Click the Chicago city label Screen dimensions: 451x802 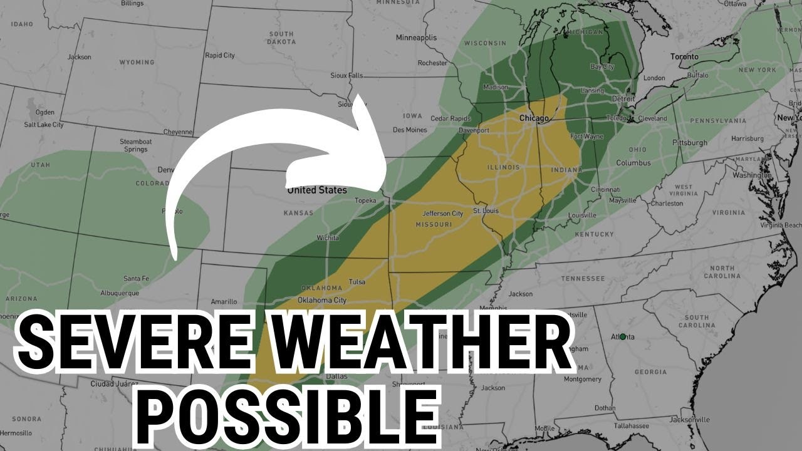tap(534, 118)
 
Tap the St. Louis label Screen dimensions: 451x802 tap(486, 210)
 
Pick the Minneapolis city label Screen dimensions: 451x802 tap(416, 38)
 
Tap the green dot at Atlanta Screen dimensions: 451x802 tap(622, 336)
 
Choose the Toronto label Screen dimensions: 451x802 tap(684, 56)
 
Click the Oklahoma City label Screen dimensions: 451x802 tap(322, 300)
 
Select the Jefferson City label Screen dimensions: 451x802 tap(442, 214)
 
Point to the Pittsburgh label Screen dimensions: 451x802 tap(689, 143)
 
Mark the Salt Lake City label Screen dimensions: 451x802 tap(44, 125)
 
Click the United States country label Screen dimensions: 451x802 tap(316, 190)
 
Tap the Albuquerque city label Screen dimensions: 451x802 tap(121, 293)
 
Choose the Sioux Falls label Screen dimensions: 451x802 tap(346, 76)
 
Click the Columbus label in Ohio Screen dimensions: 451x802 tap(633, 163)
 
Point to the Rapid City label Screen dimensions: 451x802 tap(220, 55)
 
